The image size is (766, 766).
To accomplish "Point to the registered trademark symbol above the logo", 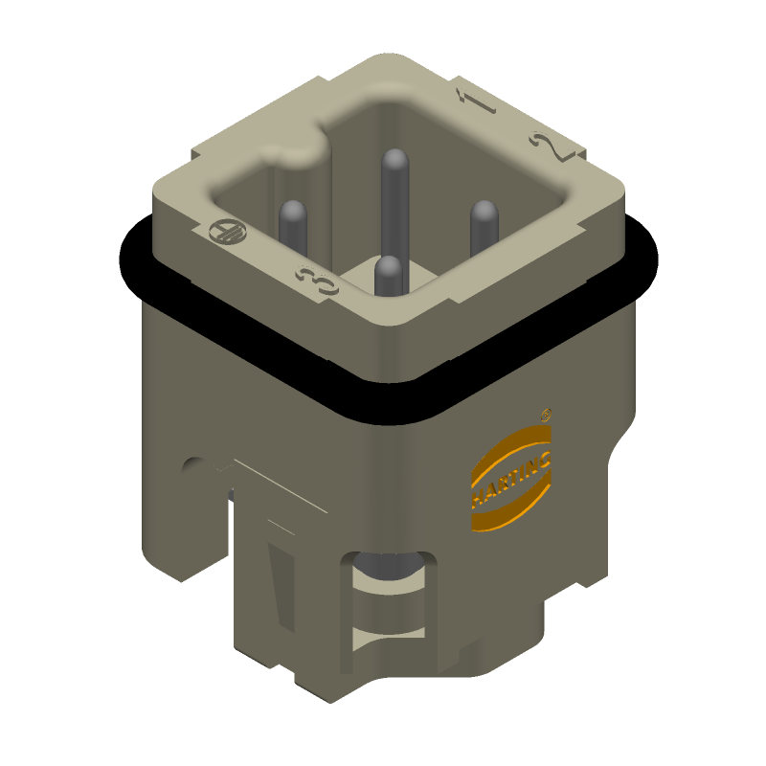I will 546,416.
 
